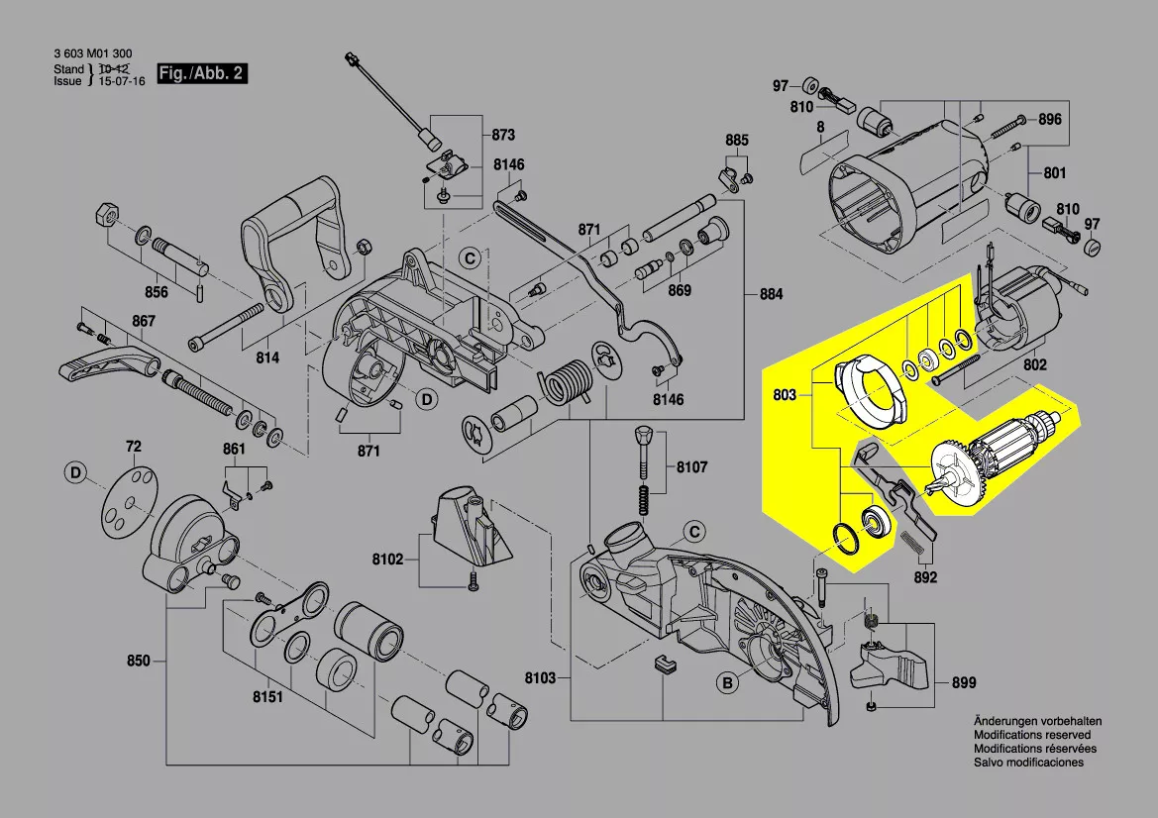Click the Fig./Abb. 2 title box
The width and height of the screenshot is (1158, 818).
pos(202,74)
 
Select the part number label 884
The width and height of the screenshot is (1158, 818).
pos(771,294)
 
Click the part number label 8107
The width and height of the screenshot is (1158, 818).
pos(692,466)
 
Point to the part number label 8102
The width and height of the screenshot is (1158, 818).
pos(388,560)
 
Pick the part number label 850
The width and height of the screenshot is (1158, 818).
pos(138,660)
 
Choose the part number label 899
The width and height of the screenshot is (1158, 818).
pos(963,682)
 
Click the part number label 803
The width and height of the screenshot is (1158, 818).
pos(784,395)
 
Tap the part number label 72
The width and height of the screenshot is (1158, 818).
pos(134,448)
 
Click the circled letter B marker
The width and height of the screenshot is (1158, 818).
pos(727,682)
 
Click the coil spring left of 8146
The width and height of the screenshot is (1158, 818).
pos(568,381)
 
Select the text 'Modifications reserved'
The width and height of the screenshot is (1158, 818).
pos(1031,735)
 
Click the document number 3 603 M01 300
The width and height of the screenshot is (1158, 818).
pos(93,53)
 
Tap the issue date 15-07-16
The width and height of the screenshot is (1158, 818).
pos(121,82)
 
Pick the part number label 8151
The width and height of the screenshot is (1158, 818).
pos(267,697)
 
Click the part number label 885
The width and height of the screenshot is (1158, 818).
pos(736,140)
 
